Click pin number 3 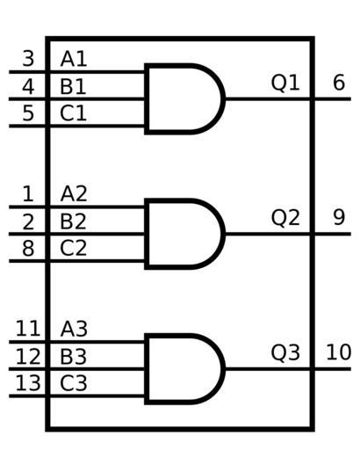(x=28, y=59)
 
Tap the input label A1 (x=74, y=59)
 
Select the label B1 (x=73, y=86)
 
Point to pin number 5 (x=28, y=113)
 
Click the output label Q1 (x=285, y=83)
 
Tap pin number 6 (x=339, y=83)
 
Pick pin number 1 (x=28, y=193)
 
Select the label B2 (x=73, y=221)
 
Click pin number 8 (x=28, y=249)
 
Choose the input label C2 (x=73, y=249)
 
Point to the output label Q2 (x=285, y=218)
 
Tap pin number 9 (x=339, y=217)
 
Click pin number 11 (x=28, y=329)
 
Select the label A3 (x=74, y=329)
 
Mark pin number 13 (x=28, y=383)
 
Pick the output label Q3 (x=285, y=352)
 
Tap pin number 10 (x=339, y=352)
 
